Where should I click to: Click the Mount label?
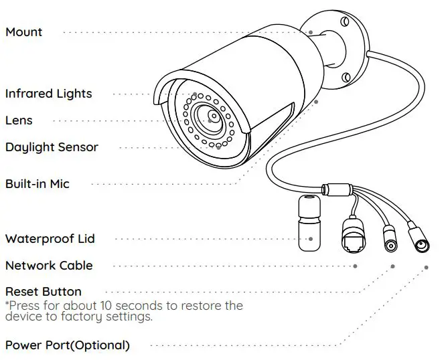[23, 32]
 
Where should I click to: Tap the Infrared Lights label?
[48, 94]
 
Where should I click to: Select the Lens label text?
[19, 120]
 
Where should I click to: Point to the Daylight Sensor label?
[52, 147]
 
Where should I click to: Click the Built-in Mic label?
[37, 183]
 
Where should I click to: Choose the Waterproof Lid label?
[50, 239]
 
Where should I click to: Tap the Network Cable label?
[49, 266]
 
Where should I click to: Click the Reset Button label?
[43, 292]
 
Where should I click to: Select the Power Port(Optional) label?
[67, 345]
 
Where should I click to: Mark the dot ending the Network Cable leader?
[355, 266]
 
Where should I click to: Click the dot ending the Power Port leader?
[427, 267]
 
